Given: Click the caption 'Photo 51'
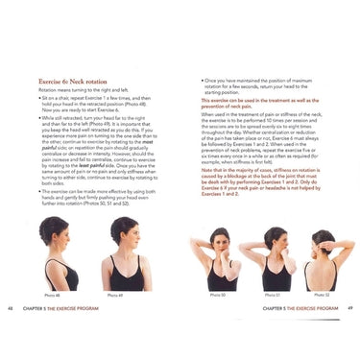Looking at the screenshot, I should [x=272, y=295].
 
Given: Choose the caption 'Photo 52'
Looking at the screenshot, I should [x=320, y=295].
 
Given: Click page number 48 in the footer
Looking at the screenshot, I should [x=11, y=309].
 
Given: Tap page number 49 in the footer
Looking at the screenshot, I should [x=350, y=309].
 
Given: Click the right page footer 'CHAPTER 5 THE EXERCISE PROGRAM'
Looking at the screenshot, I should [x=300, y=309].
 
